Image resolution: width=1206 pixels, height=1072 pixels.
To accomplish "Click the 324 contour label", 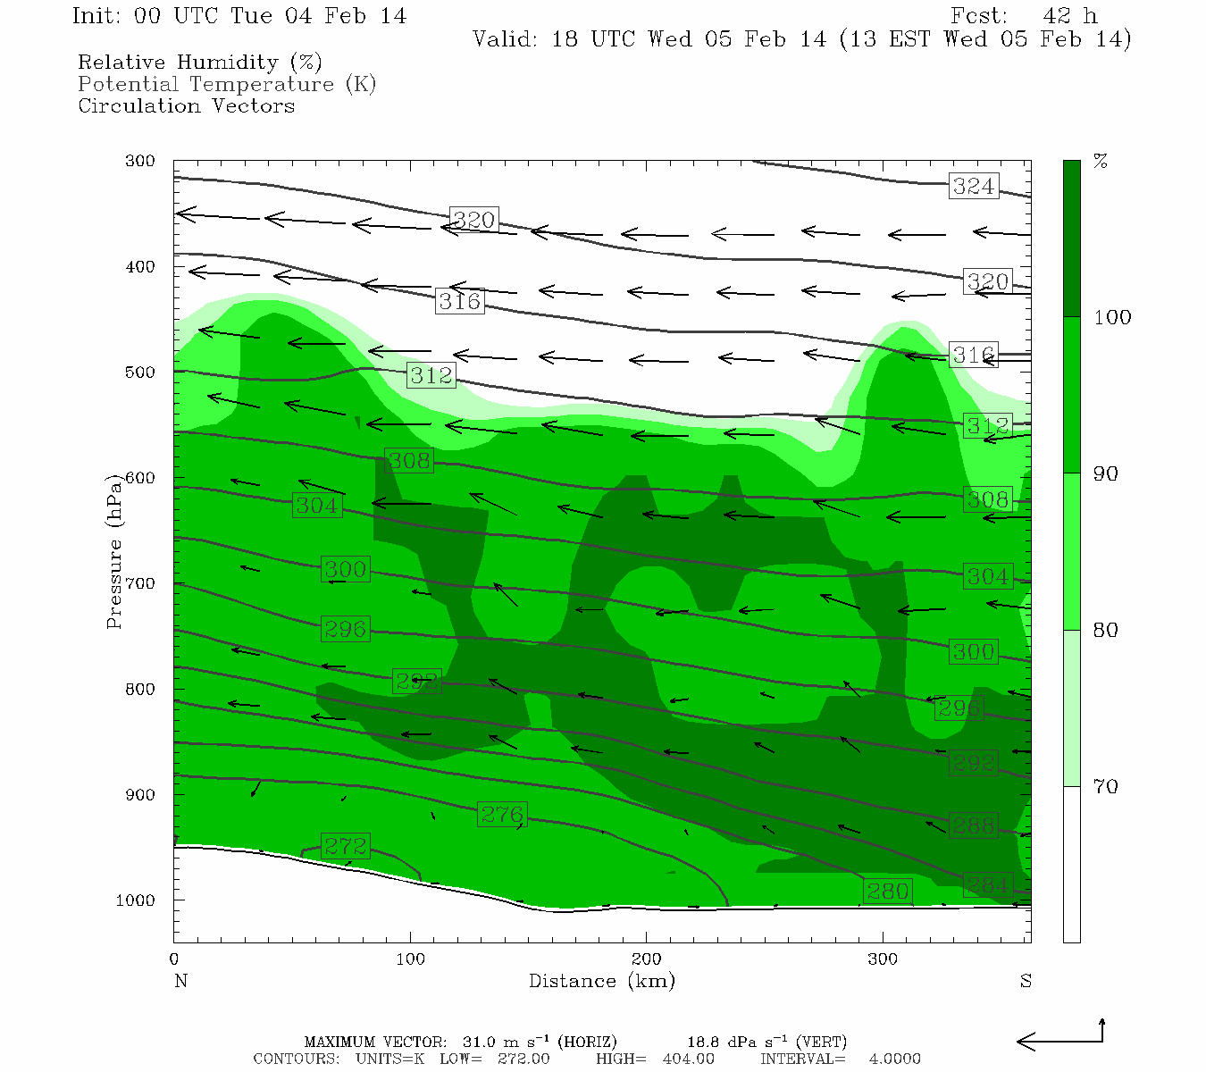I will pos(973,186).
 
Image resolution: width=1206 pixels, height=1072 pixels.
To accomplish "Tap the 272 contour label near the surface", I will pos(345,845).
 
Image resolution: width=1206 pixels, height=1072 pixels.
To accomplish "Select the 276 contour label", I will pos(501,814).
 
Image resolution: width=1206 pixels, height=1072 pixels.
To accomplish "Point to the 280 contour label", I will pos(887,891).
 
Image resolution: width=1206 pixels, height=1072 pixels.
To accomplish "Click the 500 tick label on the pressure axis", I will pos(140,373).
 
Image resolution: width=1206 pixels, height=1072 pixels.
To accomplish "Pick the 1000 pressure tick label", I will pos(136,900).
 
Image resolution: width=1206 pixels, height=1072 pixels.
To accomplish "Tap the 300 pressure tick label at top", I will pos(140,162).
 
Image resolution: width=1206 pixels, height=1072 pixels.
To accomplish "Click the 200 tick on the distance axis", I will pos(646,959).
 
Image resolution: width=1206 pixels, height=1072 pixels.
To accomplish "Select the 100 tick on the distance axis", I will pos(410,959).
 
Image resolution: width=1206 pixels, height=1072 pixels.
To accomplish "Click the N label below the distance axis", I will pos(180,981).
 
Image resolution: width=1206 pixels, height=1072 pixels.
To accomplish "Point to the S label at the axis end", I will pos(1026,981).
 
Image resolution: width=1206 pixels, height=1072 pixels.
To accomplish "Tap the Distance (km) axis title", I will pos(601,981).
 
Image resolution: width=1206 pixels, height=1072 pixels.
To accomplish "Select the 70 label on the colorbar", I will pos(1105,787).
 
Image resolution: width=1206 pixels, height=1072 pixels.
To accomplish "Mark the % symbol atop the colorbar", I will pos(1101,162).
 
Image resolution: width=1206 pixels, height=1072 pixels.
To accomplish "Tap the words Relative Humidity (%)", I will pos(199,63).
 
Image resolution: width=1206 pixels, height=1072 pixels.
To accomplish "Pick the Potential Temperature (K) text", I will pos(227,84).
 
